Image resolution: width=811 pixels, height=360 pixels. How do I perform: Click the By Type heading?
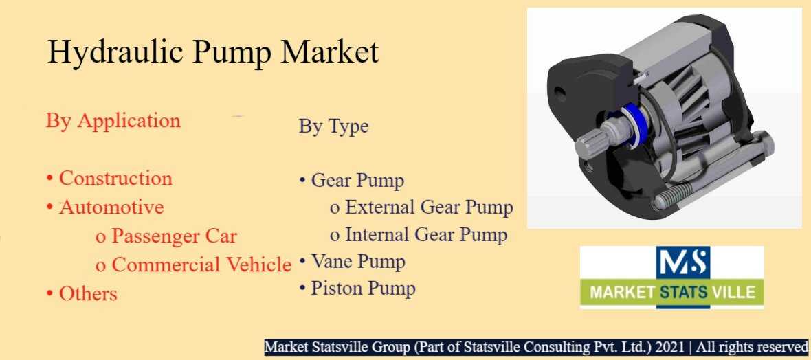[333, 126]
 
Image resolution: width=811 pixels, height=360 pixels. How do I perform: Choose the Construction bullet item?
[115, 179]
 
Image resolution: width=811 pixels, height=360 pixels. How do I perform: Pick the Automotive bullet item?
[112, 207]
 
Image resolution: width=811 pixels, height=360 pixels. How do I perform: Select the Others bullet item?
[89, 294]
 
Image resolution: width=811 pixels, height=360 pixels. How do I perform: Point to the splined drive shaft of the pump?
[595, 144]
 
